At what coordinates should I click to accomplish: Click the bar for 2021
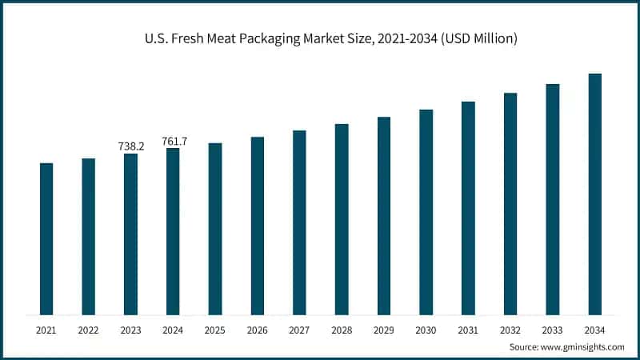[x=46, y=239]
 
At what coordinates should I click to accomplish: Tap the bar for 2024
[x=173, y=231]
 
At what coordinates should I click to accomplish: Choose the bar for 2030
[x=426, y=212]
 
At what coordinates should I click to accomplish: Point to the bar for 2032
[x=510, y=204]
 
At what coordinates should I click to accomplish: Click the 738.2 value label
[x=130, y=146]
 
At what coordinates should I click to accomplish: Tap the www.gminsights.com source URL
[x=583, y=347]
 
